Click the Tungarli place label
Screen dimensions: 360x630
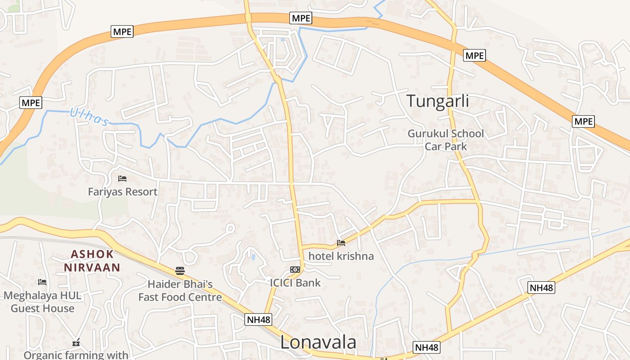click(437, 101)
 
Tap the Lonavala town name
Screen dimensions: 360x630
click(318, 342)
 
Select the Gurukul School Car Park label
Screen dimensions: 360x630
click(445, 140)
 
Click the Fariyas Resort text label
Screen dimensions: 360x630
click(122, 192)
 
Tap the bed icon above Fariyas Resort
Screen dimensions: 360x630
click(122, 179)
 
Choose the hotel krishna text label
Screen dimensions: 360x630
click(341, 256)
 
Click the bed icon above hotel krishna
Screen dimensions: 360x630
click(341, 243)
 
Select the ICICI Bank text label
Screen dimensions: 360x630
click(295, 283)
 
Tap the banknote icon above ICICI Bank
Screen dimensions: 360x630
click(295, 270)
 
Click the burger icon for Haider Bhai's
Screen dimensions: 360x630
click(180, 270)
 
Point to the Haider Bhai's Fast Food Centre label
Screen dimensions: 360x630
click(180, 291)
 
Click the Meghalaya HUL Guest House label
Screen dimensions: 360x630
click(42, 302)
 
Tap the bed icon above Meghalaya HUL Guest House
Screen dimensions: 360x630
click(42, 282)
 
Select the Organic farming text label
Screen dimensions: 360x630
click(76, 355)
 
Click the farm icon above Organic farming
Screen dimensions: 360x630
click(76, 342)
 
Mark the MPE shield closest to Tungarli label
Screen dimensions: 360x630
click(474, 55)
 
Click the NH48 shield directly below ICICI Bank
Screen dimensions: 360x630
click(259, 319)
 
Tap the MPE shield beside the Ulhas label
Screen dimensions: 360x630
click(31, 103)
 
